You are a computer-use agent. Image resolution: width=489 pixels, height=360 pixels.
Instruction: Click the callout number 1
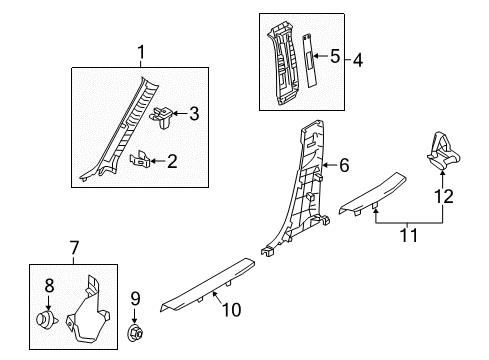click(141, 52)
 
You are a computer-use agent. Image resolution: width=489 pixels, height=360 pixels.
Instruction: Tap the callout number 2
click(172, 161)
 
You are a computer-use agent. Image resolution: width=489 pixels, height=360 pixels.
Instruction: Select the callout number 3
click(194, 113)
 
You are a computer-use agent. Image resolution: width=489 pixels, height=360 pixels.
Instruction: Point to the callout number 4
click(358, 60)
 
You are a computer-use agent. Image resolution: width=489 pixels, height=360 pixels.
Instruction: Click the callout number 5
click(335, 56)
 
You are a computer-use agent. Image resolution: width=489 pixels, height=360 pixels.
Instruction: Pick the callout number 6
click(344, 165)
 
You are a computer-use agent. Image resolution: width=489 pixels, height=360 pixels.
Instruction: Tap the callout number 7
click(74, 248)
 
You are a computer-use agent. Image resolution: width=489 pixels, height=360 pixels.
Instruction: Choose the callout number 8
click(49, 286)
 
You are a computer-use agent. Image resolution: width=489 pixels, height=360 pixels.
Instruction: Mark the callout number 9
click(135, 299)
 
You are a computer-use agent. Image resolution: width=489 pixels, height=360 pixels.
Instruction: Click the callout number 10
click(231, 310)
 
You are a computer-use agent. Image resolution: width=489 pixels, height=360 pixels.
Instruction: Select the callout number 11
click(408, 235)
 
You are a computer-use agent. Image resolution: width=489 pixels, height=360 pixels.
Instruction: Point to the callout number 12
click(444, 196)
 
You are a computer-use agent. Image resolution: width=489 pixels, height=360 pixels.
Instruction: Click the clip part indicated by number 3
click(161, 117)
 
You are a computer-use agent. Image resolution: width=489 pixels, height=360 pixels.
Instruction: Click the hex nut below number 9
click(136, 333)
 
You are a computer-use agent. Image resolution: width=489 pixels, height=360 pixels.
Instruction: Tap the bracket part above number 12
click(443, 150)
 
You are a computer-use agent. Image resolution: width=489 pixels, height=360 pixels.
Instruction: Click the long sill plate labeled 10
click(207, 284)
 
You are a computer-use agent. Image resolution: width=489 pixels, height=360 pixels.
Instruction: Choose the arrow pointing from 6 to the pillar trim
click(331, 165)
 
